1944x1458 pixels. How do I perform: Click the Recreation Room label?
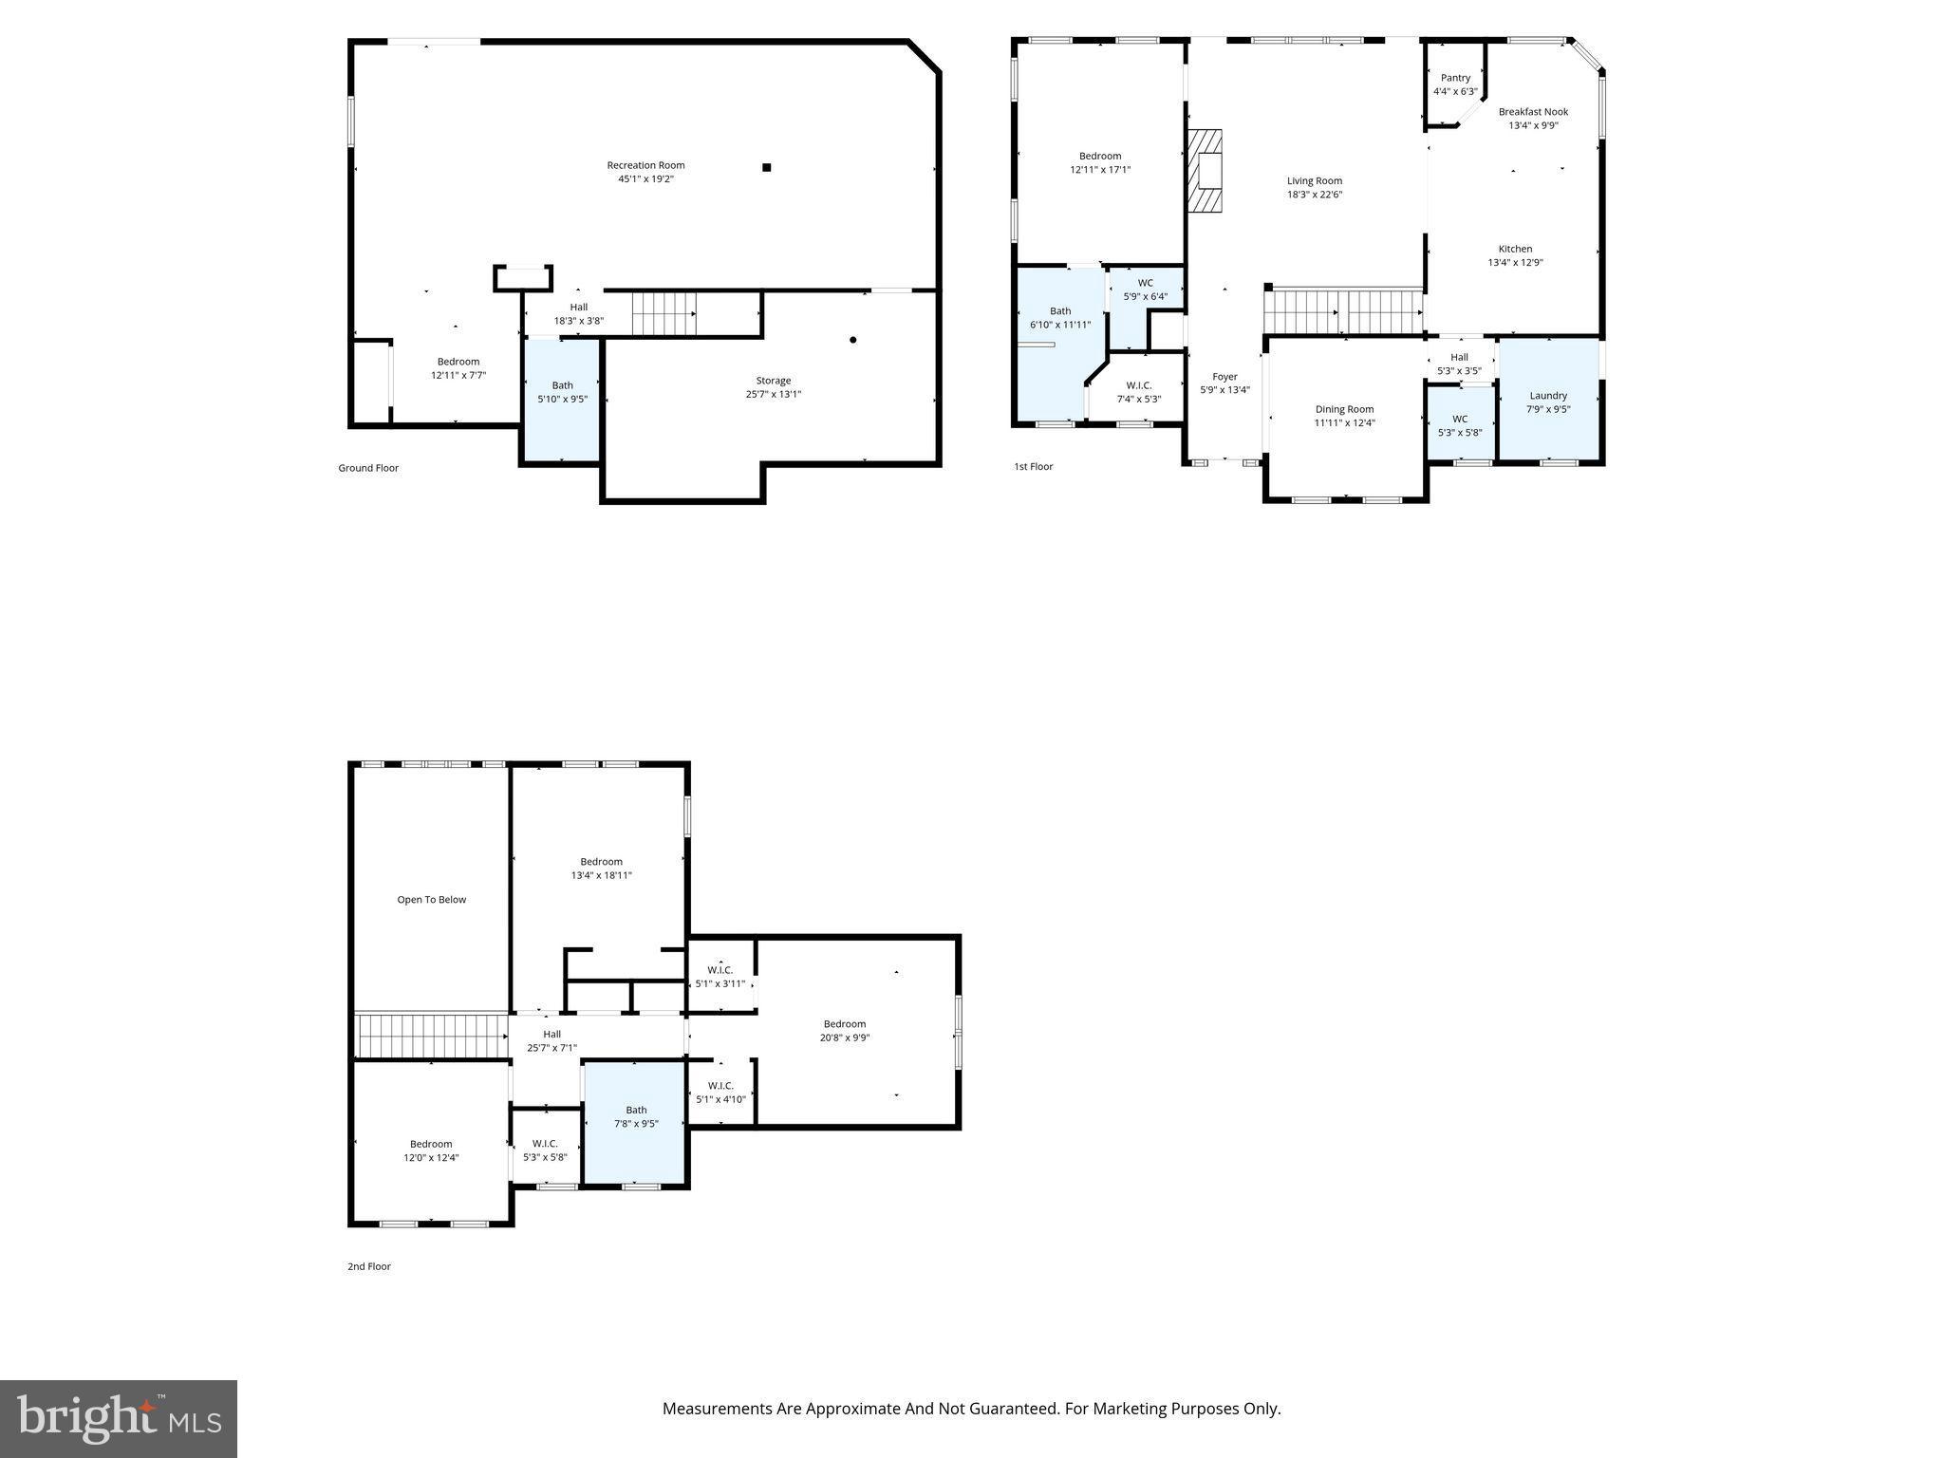[x=645, y=165]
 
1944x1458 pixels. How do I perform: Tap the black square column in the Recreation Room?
[x=766, y=168]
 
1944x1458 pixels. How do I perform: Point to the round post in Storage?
[x=853, y=340]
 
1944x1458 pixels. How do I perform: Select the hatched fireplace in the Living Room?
[x=1206, y=172]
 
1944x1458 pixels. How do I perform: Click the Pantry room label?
[x=1455, y=78]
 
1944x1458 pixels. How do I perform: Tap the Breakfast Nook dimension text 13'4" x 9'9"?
[x=1533, y=125]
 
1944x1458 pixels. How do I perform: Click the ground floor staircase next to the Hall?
[x=664, y=313]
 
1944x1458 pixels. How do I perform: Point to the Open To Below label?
[x=431, y=900]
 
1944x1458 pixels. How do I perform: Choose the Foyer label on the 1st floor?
[x=1224, y=377]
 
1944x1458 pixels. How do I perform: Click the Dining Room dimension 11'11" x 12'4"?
[x=1344, y=423]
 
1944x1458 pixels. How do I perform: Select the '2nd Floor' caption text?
[x=368, y=1266]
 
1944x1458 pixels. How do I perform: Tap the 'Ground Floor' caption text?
[x=368, y=468]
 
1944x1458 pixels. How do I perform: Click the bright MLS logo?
[x=119, y=1418]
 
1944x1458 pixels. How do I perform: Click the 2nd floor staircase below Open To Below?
[x=431, y=1036]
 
